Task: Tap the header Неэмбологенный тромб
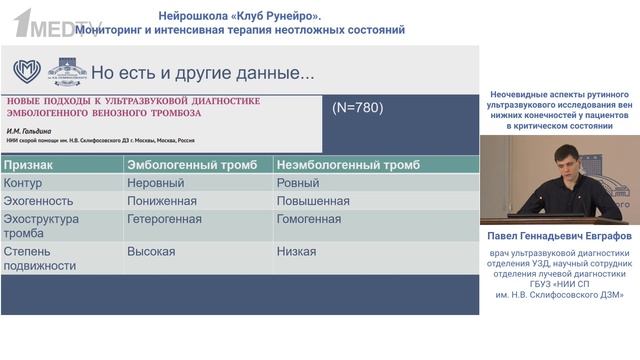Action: (x=347, y=165)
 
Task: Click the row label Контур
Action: (x=23, y=183)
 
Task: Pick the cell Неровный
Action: (x=155, y=183)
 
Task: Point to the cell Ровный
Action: (x=298, y=183)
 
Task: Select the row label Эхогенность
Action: (x=37, y=201)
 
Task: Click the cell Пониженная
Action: (x=162, y=201)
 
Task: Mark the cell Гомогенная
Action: (x=308, y=219)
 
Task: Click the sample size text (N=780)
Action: (x=356, y=107)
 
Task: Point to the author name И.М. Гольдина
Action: (x=34, y=131)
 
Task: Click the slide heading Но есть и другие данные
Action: (x=202, y=73)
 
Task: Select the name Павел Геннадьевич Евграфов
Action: (x=559, y=237)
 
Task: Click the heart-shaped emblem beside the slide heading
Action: (x=26, y=72)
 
